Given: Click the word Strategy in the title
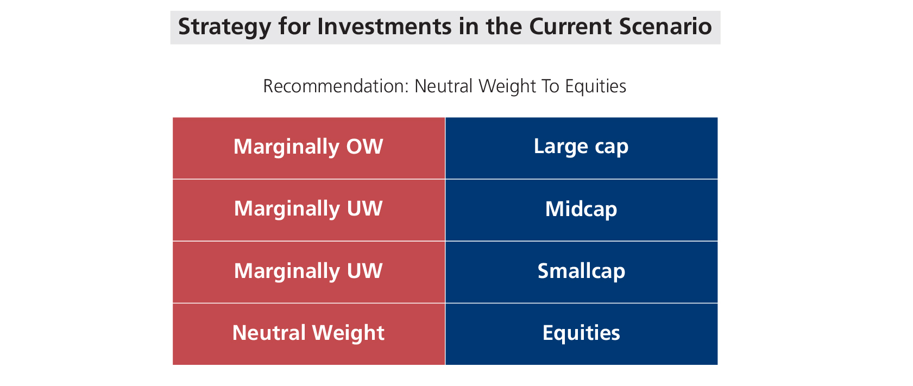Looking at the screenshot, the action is click(x=224, y=27).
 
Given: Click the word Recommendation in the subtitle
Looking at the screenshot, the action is click(x=336, y=86).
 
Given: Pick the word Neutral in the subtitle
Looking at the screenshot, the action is click(x=443, y=86).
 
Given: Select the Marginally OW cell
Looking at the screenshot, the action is click(x=308, y=148).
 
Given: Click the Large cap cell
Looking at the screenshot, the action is click(x=582, y=148).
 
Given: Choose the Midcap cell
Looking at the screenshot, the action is click(x=582, y=210).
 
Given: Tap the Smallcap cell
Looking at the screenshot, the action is click(x=582, y=272).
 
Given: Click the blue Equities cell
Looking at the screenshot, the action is click(x=582, y=334).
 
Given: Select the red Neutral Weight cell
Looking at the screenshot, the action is click(x=308, y=334).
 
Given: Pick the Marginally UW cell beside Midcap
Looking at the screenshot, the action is click(x=308, y=210).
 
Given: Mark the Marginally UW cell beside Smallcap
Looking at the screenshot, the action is click(x=308, y=272).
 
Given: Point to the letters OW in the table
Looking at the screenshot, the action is click(x=364, y=147).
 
